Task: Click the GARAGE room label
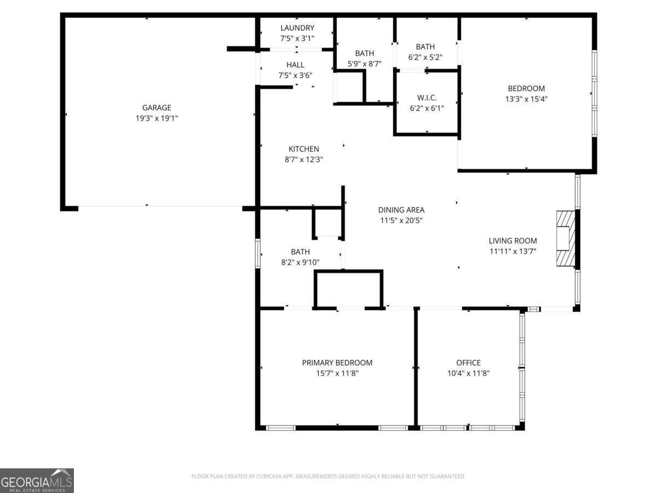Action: coord(157,108)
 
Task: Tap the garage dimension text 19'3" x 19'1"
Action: coord(157,118)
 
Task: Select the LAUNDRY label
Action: coord(297,28)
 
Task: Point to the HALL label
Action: coord(295,65)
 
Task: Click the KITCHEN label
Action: coord(304,149)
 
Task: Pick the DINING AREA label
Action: coord(401,210)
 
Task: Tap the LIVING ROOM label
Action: coord(512,240)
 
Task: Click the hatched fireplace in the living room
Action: coord(565,238)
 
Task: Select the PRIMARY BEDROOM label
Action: coord(337,363)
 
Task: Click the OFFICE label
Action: coord(468,363)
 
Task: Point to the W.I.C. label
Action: coord(427,98)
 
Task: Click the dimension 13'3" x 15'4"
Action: coord(526,99)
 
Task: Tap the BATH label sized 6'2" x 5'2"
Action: coord(425,47)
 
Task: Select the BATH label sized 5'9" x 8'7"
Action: coord(365,53)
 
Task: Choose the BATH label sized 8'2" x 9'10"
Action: coord(300,252)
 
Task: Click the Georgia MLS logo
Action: coord(37,480)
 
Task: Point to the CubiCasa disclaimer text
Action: coord(328,477)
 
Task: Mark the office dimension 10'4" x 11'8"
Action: coord(468,373)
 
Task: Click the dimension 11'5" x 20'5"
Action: coord(401,220)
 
